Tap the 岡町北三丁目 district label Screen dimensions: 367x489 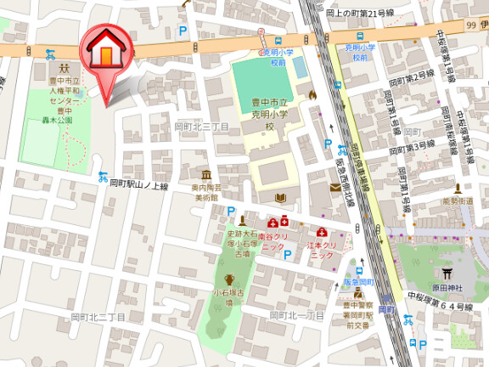pyautogui.click(x=201, y=126)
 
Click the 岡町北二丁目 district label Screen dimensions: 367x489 pyautogui.click(x=98, y=317)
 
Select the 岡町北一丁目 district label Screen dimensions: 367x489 pyautogui.click(x=297, y=315)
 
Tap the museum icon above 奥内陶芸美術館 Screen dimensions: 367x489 pyautogui.click(x=205, y=173)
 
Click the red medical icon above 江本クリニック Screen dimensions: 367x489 pyautogui.click(x=322, y=232)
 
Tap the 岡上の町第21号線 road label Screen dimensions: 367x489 pyautogui.click(x=360, y=13)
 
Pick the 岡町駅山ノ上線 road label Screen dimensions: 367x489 pyautogui.click(x=139, y=184)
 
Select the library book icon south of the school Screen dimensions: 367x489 pyautogui.click(x=280, y=199)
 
